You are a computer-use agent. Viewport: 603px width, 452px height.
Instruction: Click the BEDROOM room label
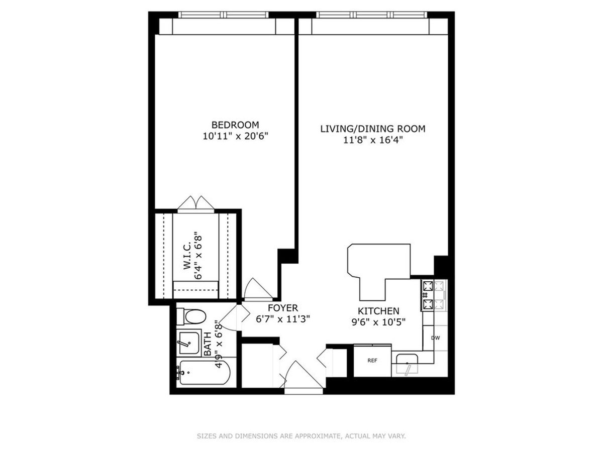[x=235, y=125]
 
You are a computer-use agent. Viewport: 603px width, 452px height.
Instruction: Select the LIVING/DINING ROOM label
[x=373, y=129]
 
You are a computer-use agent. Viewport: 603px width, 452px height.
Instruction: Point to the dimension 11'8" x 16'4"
[x=373, y=140]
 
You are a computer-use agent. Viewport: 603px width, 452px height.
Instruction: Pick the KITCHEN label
[x=378, y=311]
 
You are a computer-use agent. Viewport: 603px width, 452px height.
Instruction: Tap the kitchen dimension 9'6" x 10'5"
[x=378, y=322]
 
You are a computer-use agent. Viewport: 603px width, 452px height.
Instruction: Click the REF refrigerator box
[x=372, y=360]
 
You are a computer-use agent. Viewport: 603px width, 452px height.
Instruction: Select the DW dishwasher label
[x=435, y=337]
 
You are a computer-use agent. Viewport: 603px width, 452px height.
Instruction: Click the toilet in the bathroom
[x=192, y=317]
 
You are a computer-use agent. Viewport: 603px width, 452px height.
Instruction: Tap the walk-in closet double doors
[x=196, y=203]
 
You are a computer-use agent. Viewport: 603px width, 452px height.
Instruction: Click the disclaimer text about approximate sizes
[x=301, y=436]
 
